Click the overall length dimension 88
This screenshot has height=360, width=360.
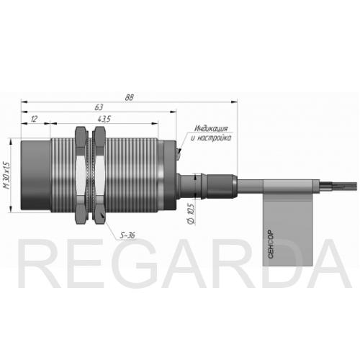tap(129, 97)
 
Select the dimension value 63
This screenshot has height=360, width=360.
tap(99, 107)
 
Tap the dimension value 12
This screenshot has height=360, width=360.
tap(34, 119)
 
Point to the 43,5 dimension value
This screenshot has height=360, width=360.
tap(104, 119)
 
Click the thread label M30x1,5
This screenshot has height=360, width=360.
tap(8, 175)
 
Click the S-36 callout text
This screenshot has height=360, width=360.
tap(127, 235)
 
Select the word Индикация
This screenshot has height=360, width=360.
tap(211, 128)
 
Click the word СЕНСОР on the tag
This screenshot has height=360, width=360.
tap(271, 244)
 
